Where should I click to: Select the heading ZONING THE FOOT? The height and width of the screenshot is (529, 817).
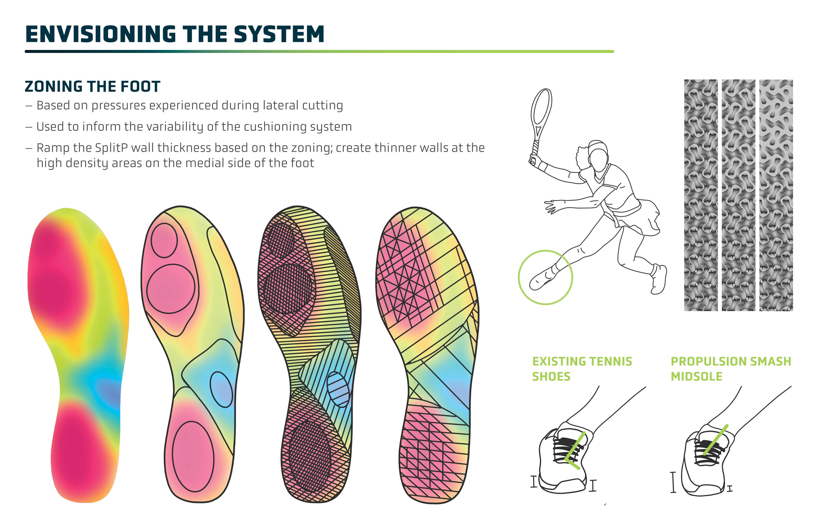92,86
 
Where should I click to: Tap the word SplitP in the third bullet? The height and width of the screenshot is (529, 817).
111,148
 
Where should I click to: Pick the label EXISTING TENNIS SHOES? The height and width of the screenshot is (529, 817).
582,368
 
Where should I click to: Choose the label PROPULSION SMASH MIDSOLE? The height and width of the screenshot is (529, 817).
730,368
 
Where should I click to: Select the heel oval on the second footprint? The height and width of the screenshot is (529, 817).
193,456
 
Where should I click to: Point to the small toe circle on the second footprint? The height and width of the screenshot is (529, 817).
164,240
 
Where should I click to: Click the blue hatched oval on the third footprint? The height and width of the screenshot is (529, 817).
338,389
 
